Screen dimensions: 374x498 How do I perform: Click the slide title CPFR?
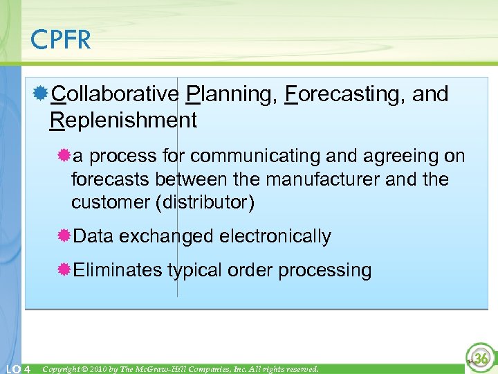click(61, 40)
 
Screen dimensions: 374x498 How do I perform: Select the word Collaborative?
click(116, 93)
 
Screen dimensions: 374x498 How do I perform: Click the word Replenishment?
click(123, 121)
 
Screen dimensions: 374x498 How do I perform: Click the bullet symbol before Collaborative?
click(42, 93)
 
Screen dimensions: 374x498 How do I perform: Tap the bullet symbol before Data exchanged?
click(64, 236)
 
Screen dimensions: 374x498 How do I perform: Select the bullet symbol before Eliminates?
click(64, 269)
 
